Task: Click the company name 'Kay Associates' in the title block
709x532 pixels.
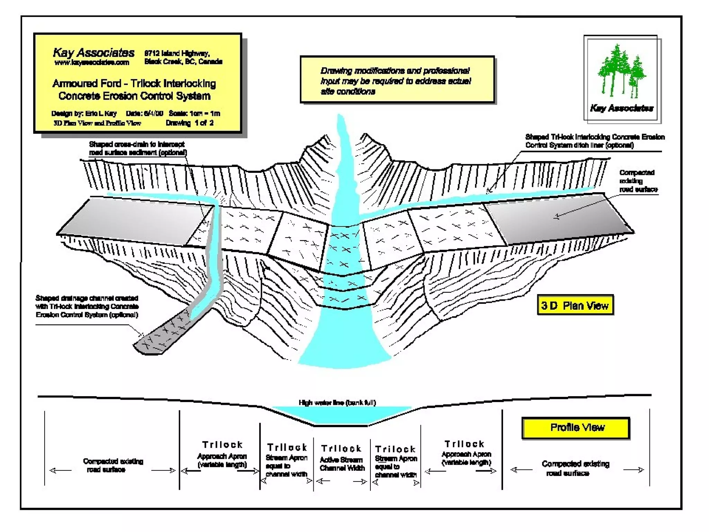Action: tap(93, 53)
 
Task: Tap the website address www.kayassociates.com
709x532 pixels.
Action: tap(92, 63)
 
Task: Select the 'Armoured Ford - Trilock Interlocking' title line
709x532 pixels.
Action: tap(134, 83)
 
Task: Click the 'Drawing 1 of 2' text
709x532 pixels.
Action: tap(189, 123)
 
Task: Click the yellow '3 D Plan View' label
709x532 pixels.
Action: tap(575, 305)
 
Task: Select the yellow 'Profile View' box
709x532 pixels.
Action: tap(576, 428)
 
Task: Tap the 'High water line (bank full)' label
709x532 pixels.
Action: tap(337, 402)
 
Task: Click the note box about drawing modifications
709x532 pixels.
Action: tap(397, 80)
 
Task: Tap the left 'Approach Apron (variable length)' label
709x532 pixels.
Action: tap(222, 460)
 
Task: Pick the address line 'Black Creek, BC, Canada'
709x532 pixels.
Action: tap(183, 62)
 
